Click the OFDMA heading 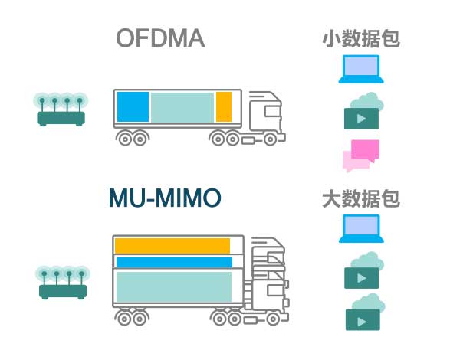click(x=160, y=38)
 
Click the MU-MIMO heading click(x=165, y=198)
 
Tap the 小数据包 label click(x=361, y=39)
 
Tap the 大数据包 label click(x=361, y=198)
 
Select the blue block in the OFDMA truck click(x=133, y=106)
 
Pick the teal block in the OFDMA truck click(x=182, y=107)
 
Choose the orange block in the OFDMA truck click(x=224, y=106)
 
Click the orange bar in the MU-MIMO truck click(x=172, y=246)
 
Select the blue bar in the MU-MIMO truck click(x=174, y=263)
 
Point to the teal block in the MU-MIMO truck click(x=174, y=286)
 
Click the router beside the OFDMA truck click(x=61, y=110)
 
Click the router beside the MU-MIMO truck click(x=63, y=283)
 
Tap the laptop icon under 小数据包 click(x=361, y=69)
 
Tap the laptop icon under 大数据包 click(x=361, y=229)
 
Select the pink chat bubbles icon click(x=361, y=156)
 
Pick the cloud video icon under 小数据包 click(x=363, y=111)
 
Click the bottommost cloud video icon click(x=365, y=313)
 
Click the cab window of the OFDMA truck click(x=272, y=111)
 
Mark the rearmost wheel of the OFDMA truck click(x=125, y=139)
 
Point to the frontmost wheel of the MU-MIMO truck click(x=273, y=319)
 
